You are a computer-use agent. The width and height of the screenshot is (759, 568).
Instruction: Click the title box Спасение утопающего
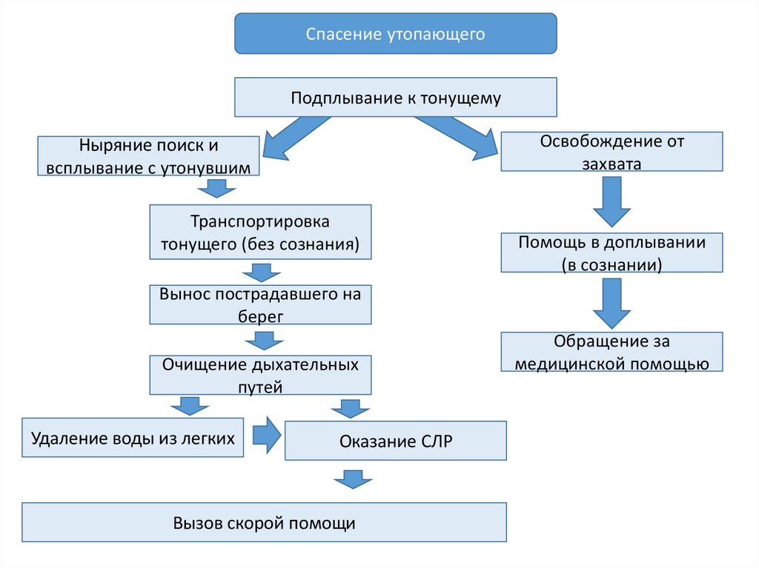tap(395, 34)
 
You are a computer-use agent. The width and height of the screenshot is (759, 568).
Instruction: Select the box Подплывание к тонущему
tap(395, 97)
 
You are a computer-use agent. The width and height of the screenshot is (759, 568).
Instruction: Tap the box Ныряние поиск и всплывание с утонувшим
tap(148, 156)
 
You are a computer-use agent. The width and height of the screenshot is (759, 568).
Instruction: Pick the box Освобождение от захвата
tap(611, 151)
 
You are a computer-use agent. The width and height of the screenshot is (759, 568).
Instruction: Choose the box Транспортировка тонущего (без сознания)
tap(260, 233)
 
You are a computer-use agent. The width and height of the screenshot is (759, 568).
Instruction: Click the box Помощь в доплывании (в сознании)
tap(611, 253)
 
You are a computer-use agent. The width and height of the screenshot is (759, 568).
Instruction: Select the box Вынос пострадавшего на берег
tap(260, 304)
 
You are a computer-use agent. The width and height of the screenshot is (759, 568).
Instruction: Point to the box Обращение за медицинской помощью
tap(611, 352)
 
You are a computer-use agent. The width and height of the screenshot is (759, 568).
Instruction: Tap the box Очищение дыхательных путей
tap(260, 375)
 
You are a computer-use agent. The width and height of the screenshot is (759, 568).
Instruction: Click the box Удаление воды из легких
tap(133, 438)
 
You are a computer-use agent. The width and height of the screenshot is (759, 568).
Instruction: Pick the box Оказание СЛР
tap(395, 441)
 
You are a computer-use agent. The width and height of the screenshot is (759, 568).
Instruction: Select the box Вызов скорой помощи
tap(265, 523)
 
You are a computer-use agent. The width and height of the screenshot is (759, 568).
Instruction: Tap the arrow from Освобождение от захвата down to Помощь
tap(611, 204)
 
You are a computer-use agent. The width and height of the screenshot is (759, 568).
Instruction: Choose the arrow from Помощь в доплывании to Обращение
tap(611, 303)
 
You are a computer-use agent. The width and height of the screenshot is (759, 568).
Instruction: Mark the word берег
tap(260, 315)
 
